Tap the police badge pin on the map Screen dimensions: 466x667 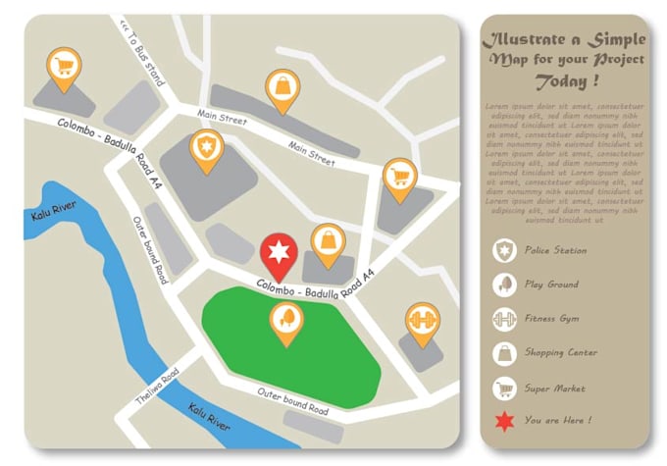tap(206, 148)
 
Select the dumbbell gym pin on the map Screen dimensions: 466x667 tap(422, 321)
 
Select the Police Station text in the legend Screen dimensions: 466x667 tap(555, 251)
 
